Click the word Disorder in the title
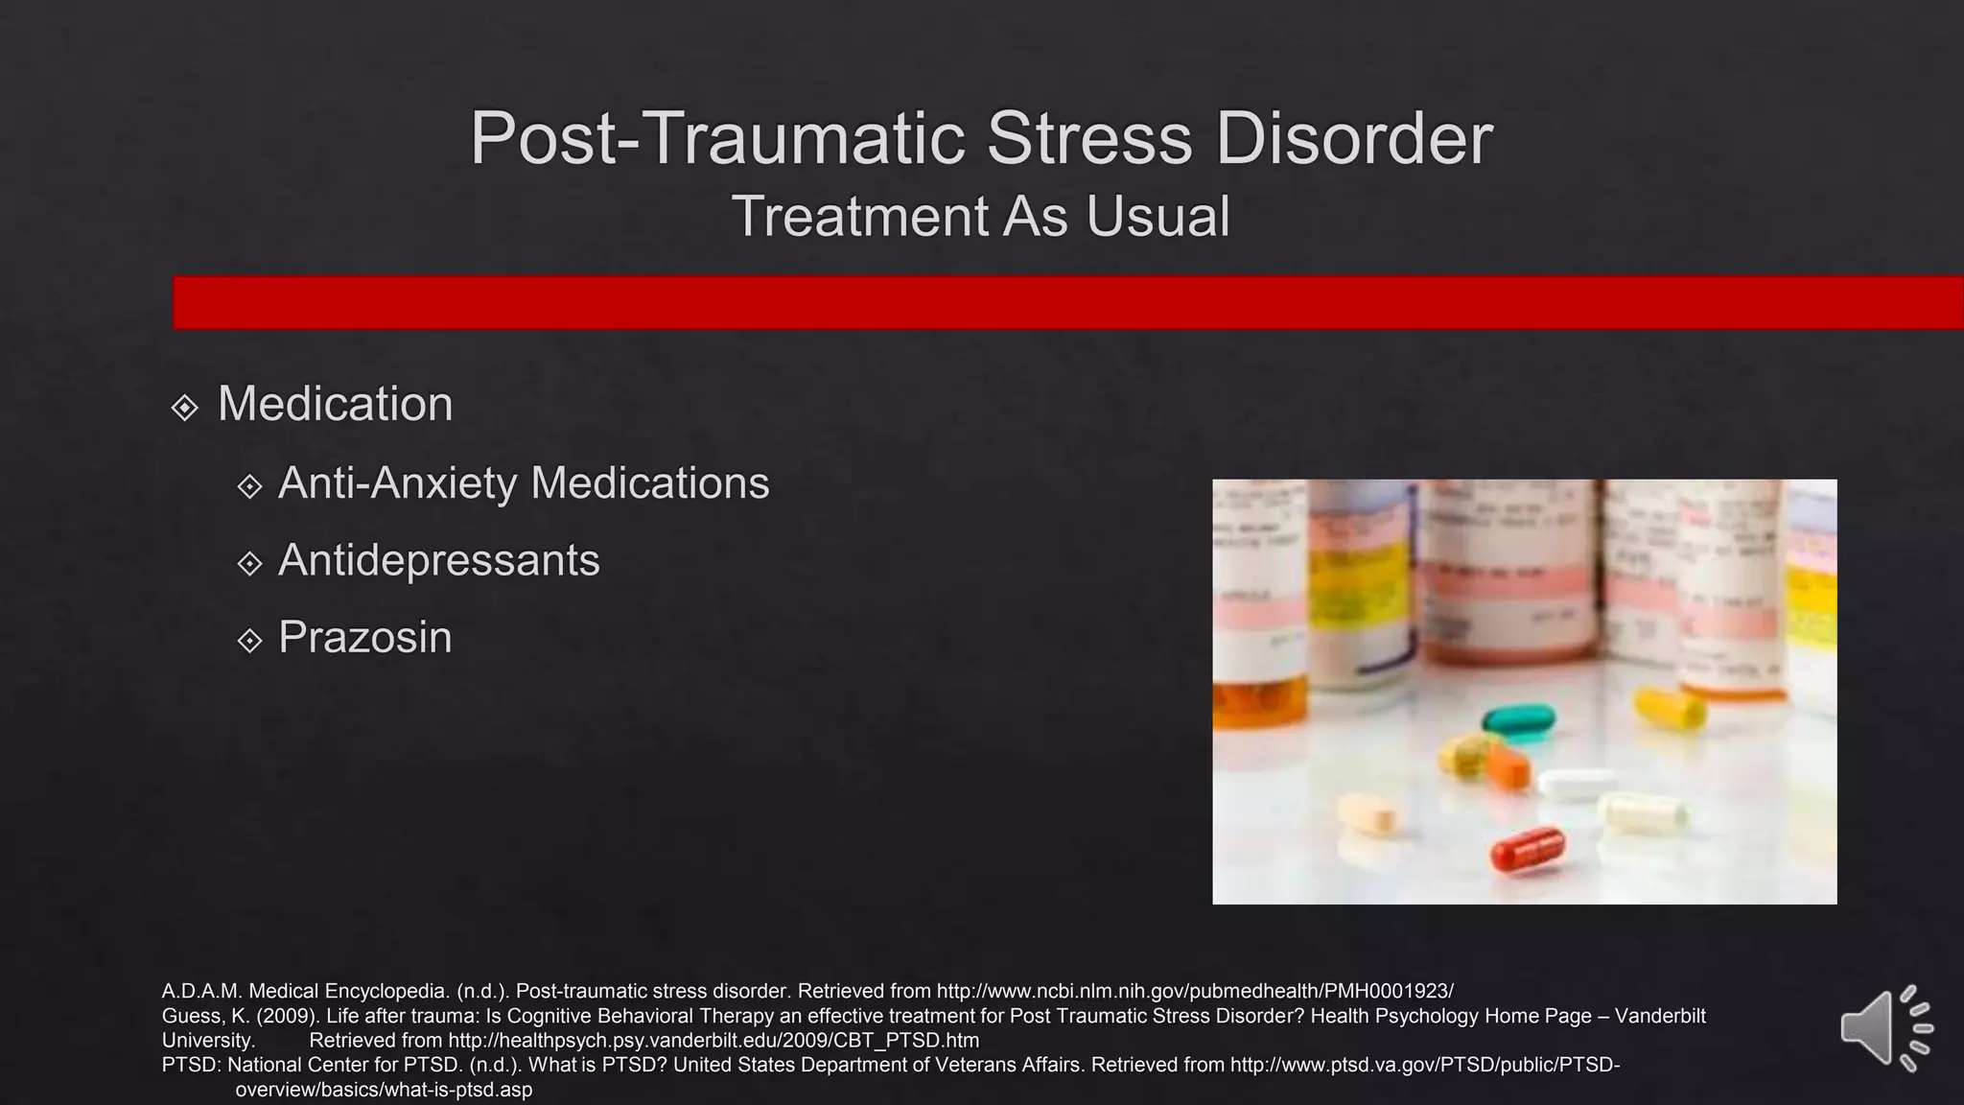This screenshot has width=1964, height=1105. pos(1354,139)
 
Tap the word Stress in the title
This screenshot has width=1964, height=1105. pos(1089,139)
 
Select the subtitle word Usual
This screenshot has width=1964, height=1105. pos(1157,217)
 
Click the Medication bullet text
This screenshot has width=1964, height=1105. pos(335,404)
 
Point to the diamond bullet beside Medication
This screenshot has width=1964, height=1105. pos(184,408)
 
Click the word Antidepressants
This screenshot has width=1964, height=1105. pos(438,560)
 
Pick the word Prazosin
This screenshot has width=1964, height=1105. pos(364,638)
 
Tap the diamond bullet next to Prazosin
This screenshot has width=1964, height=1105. pos(249,641)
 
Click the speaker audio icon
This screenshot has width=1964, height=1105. pos(1883,1028)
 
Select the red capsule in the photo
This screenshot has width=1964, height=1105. pos(1529,849)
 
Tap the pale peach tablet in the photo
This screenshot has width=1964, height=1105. pos(1368,813)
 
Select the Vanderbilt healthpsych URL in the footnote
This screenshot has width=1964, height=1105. pos(713,1041)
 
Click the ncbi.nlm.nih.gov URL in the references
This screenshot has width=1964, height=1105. pos(1194,991)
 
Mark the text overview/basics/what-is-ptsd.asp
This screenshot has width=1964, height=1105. pos(384,1091)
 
